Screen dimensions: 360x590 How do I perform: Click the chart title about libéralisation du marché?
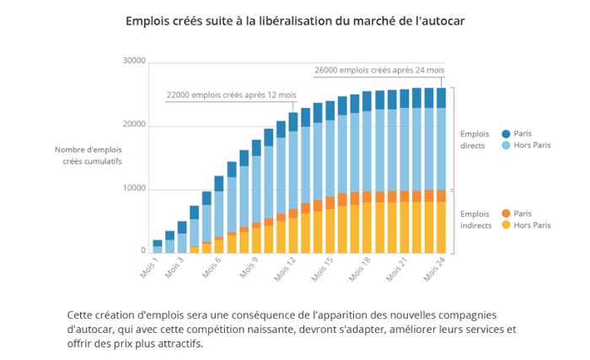pyautogui.click(x=295, y=19)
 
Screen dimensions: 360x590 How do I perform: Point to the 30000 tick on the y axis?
pyautogui.click(x=134, y=62)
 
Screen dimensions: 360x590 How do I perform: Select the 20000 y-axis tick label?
pyautogui.click(x=134, y=125)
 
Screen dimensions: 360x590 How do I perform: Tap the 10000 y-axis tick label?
pyautogui.click(x=134, y=189)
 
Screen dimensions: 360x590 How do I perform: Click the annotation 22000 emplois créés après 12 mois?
pyautogui.click(x=231, y=94)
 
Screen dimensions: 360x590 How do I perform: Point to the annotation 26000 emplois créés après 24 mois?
pyautogui.click(x=379, y=70)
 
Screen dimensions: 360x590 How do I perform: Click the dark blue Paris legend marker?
pyautogui.click(x=506, y=134)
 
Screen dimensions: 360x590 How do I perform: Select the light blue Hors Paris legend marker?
pyautogui.click(x=506, y=145)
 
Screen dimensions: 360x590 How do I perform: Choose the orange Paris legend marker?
pyautogui.click(x=506, y=214)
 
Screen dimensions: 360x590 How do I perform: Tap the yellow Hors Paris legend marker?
pyautogui.click(x=506, y=225)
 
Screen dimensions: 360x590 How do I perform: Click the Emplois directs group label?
pyautogui.click(x=475, y=139)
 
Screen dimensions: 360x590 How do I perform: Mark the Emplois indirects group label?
pyautogui.click(x=476, y=219)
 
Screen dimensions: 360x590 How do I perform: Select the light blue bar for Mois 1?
pyautogui.click(x=158, y=250)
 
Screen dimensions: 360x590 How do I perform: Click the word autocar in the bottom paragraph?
pyautogui.click(x=90, y=329)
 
